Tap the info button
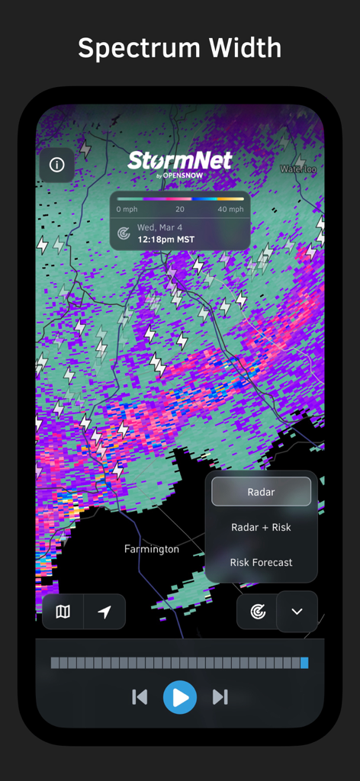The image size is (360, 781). tap(56, 165)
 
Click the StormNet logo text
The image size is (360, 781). tap(180, 161)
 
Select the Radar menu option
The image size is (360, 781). tap(261, 492)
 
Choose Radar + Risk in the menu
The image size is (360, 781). tap(261, 527)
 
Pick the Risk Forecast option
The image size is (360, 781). tap(261, 562)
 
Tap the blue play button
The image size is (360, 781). tap(180, 696)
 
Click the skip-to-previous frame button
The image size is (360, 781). tap(140, 696)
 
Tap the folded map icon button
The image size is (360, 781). tap(63, 612)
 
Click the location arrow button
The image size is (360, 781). tap(104, 612)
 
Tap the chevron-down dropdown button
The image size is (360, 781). tap(297, 612)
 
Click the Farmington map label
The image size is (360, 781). tap(152, 549)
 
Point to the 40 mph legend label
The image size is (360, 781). tap(230, 209)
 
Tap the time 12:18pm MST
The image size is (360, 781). tap(166, 239)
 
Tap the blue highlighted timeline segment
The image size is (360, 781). tap(304, 663)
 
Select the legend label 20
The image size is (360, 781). tap(180, 209)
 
